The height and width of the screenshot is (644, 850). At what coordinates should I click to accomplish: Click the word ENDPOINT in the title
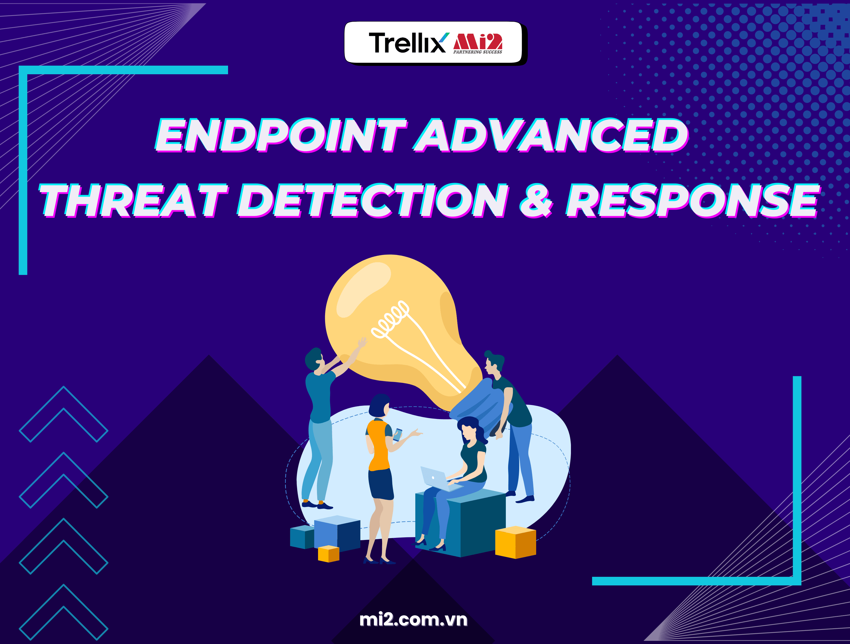pos(281,135)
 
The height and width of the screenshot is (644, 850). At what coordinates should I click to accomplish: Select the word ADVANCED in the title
pos(551,135)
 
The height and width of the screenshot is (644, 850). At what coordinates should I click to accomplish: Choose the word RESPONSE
pos(692,201)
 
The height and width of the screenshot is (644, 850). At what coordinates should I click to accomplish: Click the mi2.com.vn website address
pos(413,620)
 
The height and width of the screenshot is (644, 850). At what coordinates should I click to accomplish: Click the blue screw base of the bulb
pos(480,407)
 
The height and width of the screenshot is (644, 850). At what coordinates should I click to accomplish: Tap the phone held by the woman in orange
pos(398,435)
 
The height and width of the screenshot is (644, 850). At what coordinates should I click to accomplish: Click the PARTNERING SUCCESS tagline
pos(478,52)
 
